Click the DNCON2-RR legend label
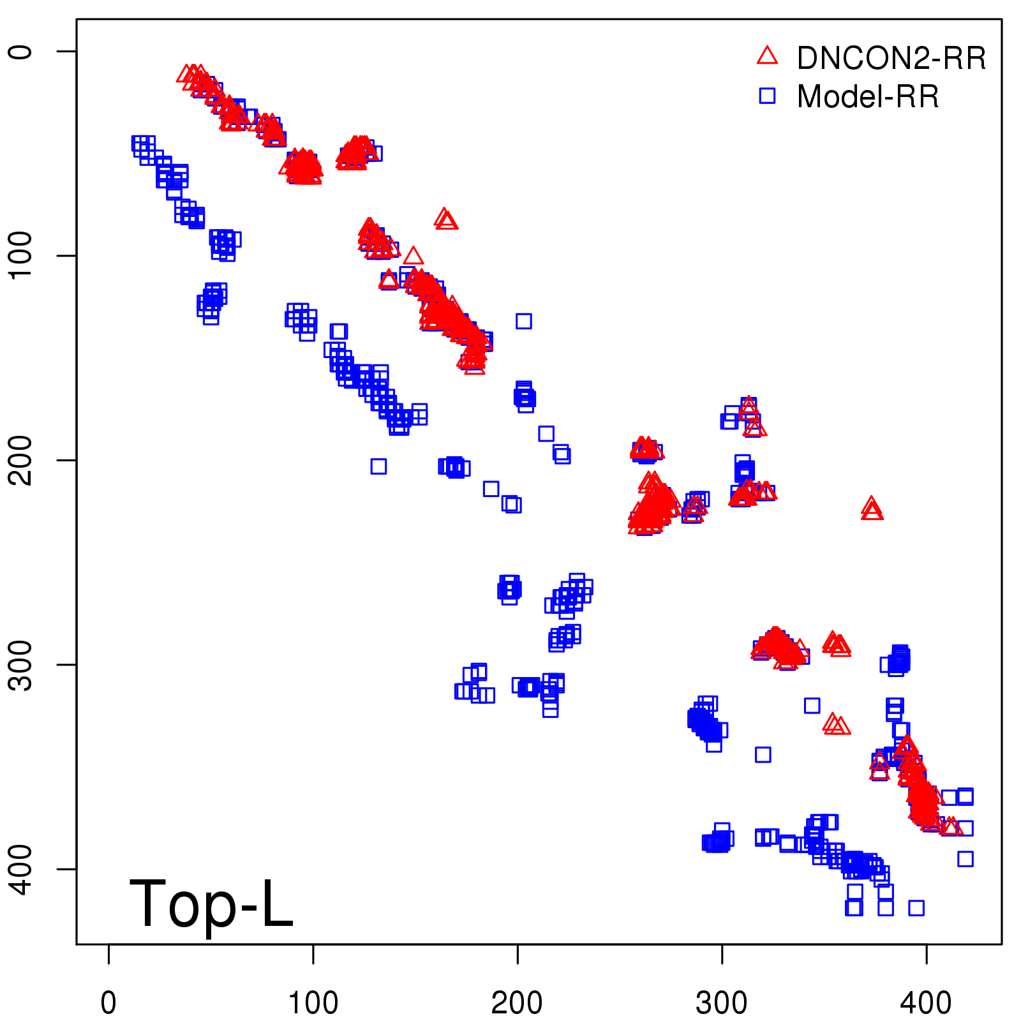[891, 58]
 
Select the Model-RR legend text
[867, 97]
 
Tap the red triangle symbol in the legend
[767, 56]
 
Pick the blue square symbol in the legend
[767, 96]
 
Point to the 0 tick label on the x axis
[108, 1002]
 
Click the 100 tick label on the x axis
[313, 1002]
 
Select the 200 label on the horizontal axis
[517, 1002]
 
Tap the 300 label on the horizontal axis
[722, 1002]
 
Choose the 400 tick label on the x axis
[926, 1002]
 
